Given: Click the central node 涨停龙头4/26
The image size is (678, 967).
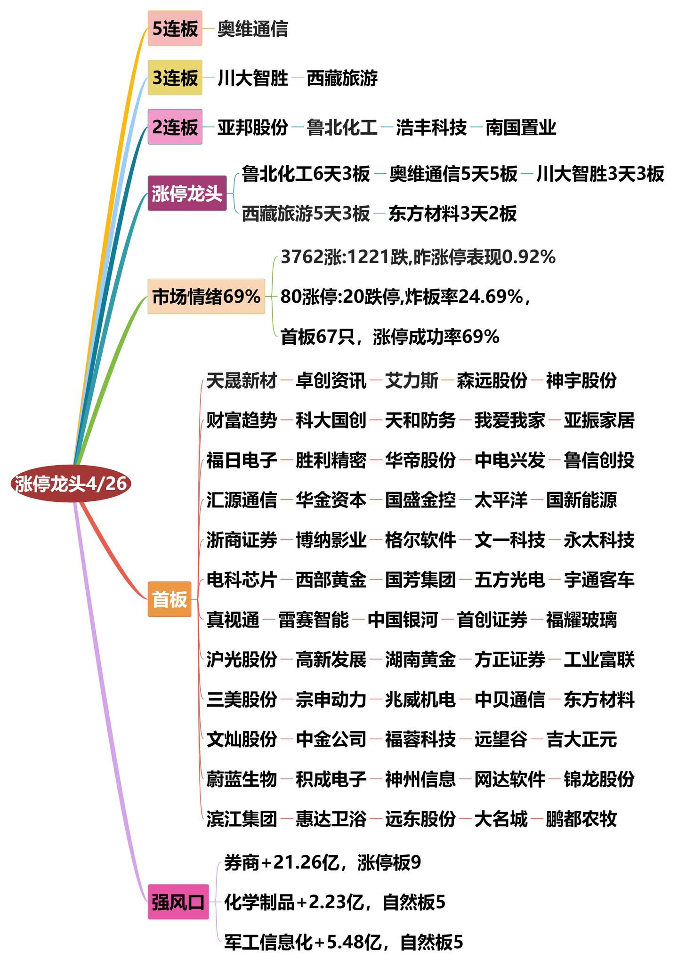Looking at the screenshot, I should point(71,483).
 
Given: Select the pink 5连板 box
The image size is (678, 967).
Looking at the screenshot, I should point(175,29).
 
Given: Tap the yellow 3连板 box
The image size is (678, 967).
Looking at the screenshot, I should point(175,78).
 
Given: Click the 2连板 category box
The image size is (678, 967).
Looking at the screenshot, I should point(175,127).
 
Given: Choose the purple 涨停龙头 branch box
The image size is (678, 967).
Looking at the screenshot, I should point(187,193).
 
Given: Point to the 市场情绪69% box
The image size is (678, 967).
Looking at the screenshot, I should point(206,296).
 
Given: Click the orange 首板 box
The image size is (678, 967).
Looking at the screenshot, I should point(169,599).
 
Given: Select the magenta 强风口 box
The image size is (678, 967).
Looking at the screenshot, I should point(178,902).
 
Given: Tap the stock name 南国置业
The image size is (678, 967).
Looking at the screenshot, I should point(521,127).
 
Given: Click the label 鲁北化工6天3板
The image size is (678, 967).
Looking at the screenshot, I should point(306,174).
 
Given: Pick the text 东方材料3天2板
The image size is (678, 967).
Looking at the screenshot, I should point(452,214).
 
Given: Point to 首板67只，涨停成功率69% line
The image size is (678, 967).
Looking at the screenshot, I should point(390,337).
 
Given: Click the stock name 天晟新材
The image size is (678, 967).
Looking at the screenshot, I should point(242,380).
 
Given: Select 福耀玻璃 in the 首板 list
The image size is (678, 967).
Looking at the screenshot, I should point(581,620).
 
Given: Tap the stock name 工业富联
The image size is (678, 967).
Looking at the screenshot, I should point(599,660).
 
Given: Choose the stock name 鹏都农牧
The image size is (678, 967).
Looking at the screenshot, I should point(581,819).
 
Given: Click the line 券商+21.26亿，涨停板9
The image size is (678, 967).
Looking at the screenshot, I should point(323,862).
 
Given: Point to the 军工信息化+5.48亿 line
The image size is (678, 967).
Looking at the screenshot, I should point(344,942).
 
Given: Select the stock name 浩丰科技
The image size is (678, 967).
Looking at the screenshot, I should point(431,127).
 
